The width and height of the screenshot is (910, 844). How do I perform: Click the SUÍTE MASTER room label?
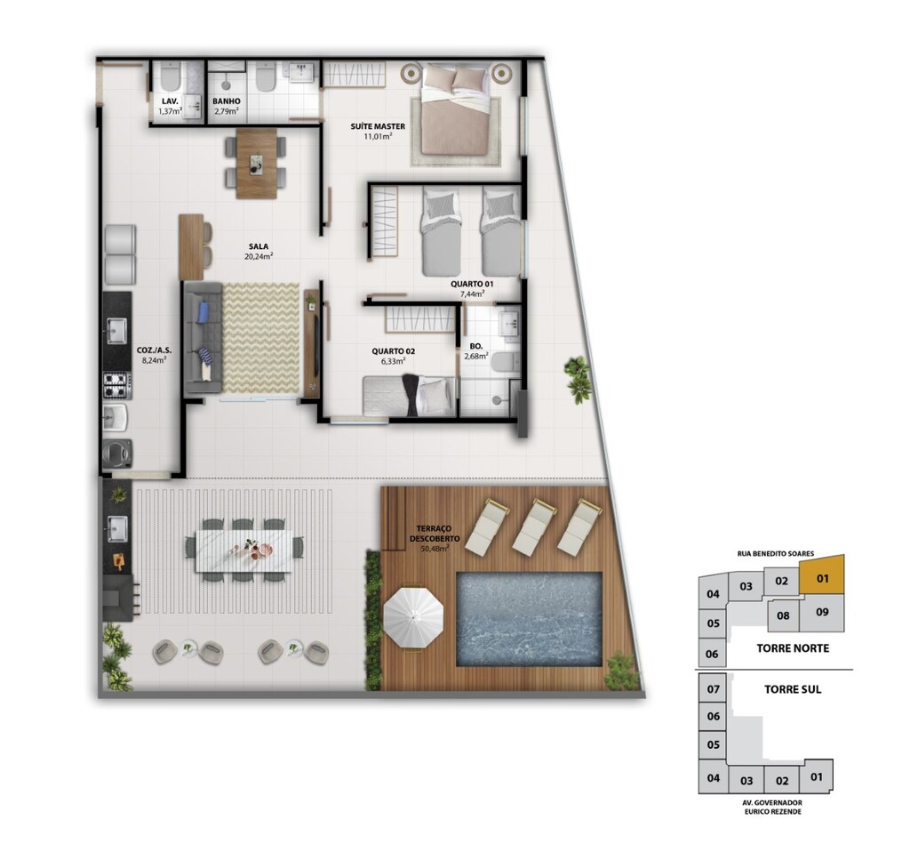coord(377,126)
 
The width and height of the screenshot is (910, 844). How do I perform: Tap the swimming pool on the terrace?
coord(529,619)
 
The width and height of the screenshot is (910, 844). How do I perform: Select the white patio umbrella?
coord(413,617)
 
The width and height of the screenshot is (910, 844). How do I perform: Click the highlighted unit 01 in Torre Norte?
coord(822,575)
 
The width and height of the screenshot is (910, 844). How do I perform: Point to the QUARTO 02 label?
coord(393,351)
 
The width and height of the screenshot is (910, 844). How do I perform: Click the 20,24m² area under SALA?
coord(259,255)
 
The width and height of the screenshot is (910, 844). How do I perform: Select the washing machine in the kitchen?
coord(118,454)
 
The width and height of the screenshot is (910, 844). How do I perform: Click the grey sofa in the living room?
coord(203,337)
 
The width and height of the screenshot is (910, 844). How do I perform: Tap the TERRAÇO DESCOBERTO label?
coord(434,534)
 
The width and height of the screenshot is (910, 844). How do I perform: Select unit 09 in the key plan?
coord(822,613)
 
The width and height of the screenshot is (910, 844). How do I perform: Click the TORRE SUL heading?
coord(792,689)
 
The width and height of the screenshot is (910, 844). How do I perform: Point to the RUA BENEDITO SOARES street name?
coord(775,553)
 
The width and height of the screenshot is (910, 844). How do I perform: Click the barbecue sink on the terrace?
coord(118,528)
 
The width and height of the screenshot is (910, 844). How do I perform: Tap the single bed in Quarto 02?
coord(409,396)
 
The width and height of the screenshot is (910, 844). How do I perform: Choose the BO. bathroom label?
coord(476,346)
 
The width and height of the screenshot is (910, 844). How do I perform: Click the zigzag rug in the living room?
coord(261,337)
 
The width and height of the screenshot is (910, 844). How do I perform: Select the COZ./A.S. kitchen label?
coord(154,350)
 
